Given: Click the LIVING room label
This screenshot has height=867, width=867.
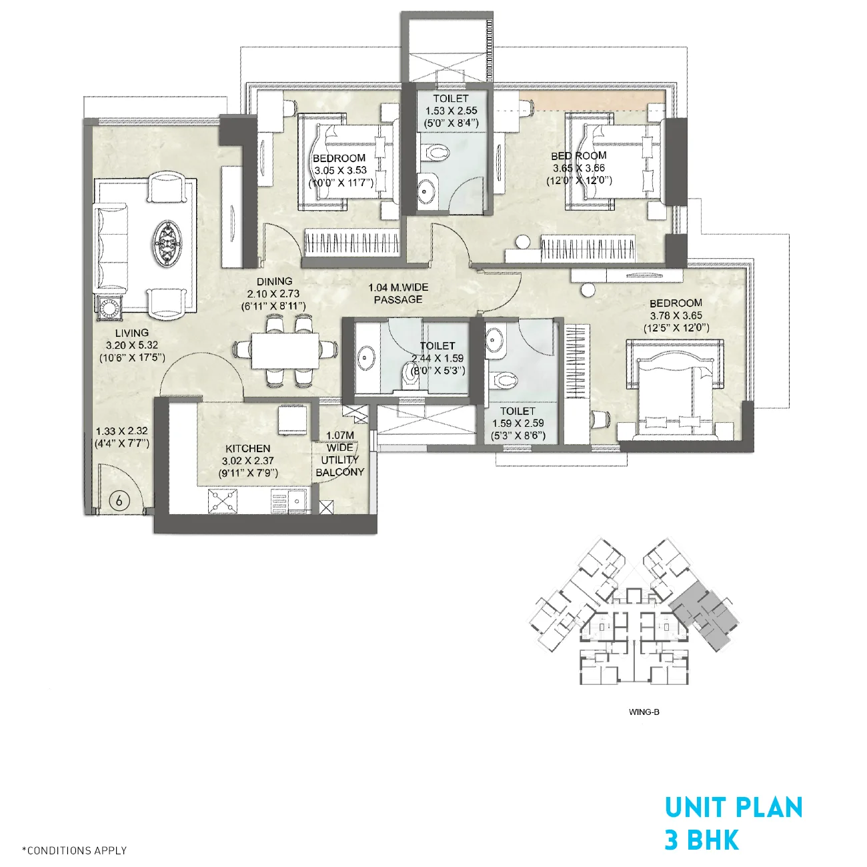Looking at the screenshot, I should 131,333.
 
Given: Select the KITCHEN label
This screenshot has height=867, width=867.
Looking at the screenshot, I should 247,449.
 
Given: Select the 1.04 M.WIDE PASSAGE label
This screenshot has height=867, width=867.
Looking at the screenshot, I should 398,293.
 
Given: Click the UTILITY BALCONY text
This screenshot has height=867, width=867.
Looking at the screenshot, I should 340,466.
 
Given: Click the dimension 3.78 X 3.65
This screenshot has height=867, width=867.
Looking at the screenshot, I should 676,315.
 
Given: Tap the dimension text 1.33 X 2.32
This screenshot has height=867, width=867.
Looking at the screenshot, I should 121,431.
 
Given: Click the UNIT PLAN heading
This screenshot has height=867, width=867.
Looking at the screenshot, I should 733,808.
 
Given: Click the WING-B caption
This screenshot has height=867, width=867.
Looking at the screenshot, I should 644,712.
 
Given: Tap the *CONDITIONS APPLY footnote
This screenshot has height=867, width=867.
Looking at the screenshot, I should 74,850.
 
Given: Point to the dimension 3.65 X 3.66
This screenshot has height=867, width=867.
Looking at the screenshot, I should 578,168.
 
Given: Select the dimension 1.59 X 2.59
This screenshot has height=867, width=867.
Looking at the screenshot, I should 518,423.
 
